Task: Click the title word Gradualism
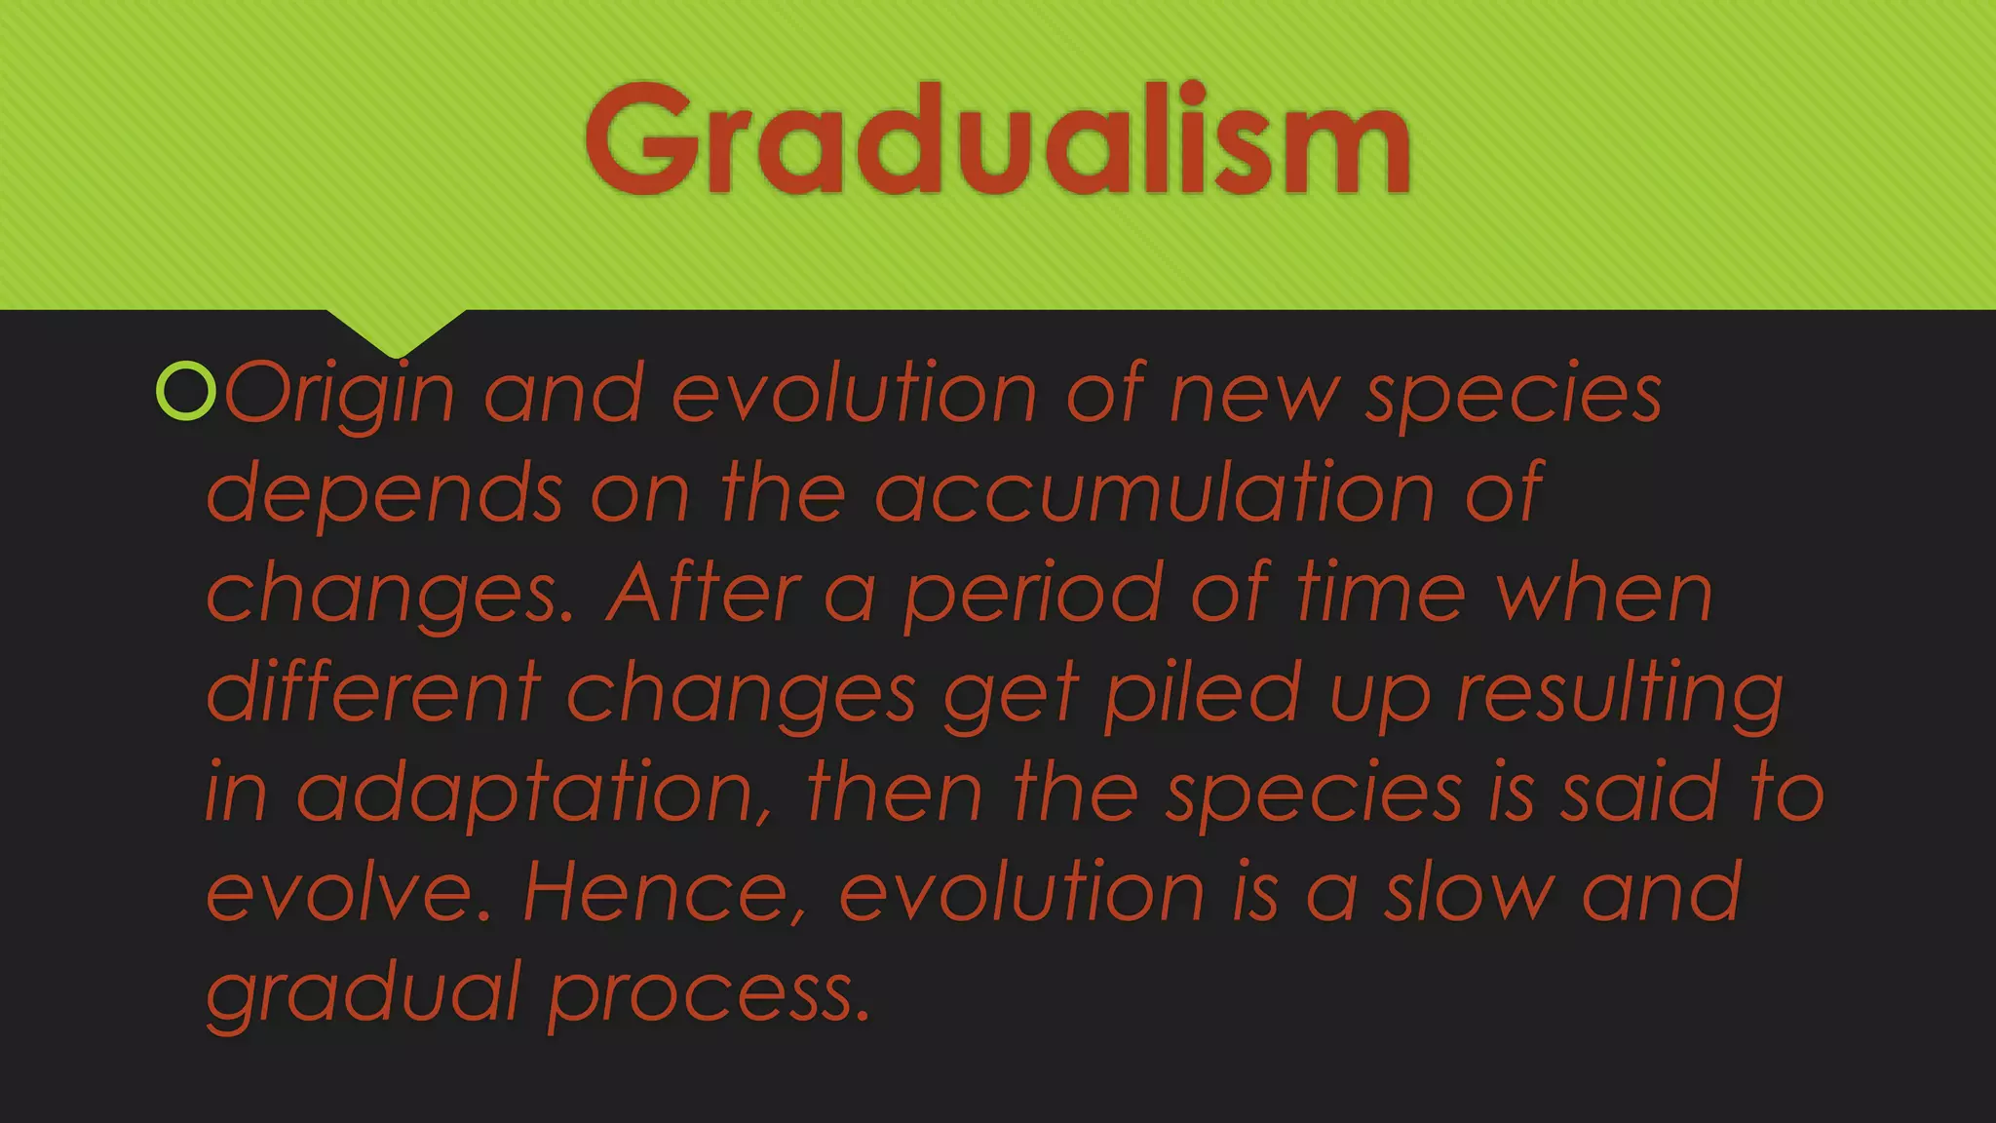(997, 138)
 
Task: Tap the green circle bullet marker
(185, 391)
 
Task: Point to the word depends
(385, 493)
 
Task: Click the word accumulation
(1155, 493)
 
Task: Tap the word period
(1032, 595)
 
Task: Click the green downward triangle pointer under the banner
(396, 329)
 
